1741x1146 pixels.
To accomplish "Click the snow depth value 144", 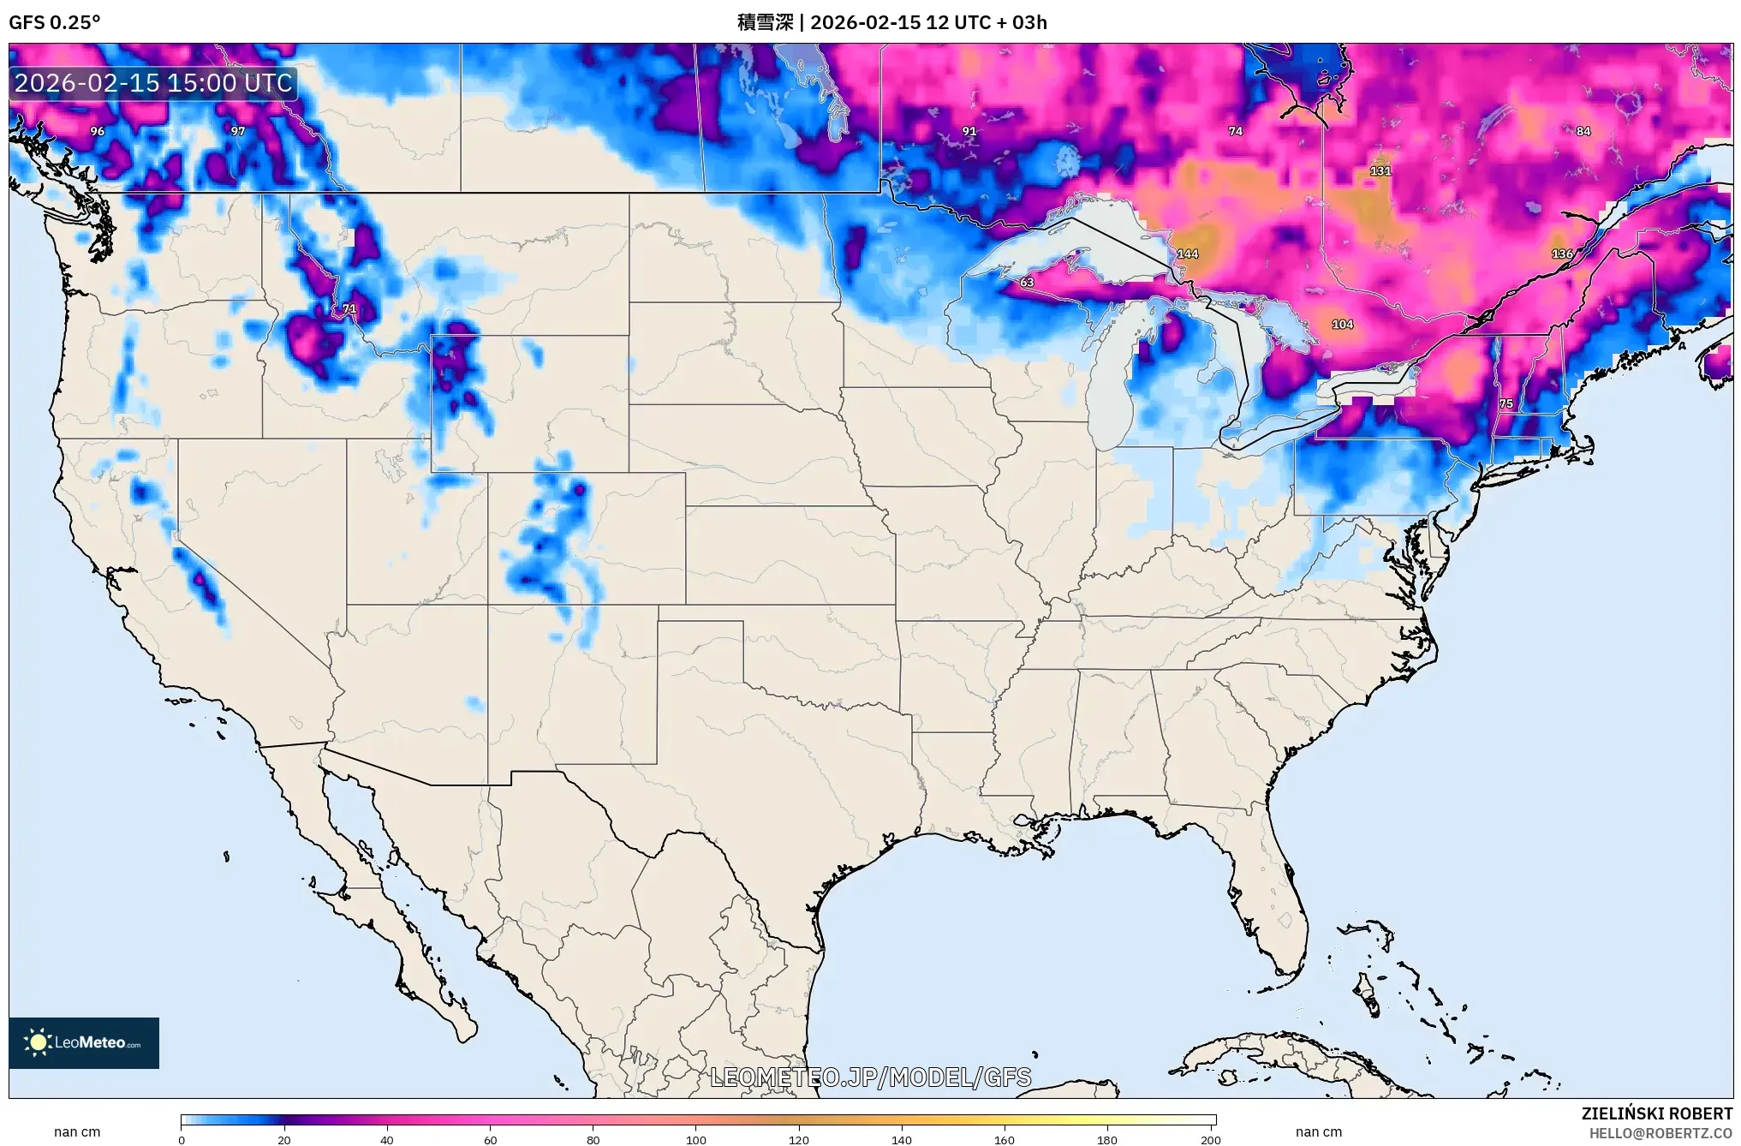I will coord(1187,254).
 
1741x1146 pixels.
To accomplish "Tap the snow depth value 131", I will coord(1380,171).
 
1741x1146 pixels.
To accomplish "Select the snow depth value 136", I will coord(1562,254).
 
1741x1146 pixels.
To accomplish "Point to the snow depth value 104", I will coord(1342,325).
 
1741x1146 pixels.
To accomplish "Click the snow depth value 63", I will coord(1027,283).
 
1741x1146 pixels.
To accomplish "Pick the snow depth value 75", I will coord(1505,403).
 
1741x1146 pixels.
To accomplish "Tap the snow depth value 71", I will coord(349,309).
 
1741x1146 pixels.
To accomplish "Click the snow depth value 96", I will coord(98,132).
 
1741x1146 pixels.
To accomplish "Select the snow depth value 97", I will coord(238,132).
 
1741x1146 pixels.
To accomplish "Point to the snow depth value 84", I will coord(1583,132).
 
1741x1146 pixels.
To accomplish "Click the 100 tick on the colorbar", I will coord(695,1139).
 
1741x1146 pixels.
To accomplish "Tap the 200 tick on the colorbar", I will coord(1210,1139).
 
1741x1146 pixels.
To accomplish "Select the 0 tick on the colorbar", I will coord(182,1139).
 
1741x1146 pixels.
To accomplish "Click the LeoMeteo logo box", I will coord(84,1042).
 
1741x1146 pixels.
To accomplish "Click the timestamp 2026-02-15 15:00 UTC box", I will coord(153,84).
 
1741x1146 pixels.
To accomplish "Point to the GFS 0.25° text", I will coord(54,22).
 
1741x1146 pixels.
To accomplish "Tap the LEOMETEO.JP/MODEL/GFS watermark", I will coord(870,1077).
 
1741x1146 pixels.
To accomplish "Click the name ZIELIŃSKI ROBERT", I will coord(1656,1114).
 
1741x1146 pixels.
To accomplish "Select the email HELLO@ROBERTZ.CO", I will coord(1661,1133).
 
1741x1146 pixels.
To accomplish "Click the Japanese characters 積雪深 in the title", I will coord(765,22).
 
